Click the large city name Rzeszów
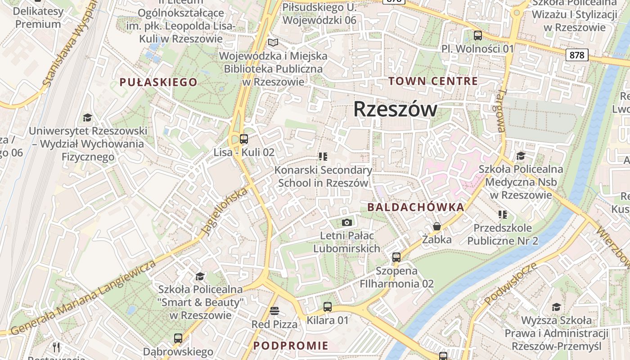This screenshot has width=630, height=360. click(395, 109)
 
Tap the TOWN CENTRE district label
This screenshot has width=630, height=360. click(433, 81)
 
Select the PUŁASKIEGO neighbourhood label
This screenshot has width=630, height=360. click(158, 82)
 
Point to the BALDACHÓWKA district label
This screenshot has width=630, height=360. click(416, 207)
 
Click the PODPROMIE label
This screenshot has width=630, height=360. click(291, 346)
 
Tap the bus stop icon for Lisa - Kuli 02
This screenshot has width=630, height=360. click(244, 139)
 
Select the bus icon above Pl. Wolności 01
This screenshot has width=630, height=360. click(478, 35)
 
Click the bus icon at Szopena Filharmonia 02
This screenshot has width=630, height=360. click(396, 257)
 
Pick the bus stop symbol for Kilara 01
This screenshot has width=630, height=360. click(328, 307)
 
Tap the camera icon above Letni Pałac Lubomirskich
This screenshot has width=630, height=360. click(346, 222)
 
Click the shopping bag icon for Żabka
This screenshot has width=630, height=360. click(436, 226)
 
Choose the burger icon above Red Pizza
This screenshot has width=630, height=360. click(274, 311)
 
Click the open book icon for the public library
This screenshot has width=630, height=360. click(273, 43)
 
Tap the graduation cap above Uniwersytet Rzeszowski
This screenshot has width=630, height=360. click(88, 117)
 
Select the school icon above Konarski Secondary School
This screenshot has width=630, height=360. click(323, 157)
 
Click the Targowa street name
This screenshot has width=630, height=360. click(500, 111)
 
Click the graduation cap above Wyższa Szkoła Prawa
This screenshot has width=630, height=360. click(557, 307)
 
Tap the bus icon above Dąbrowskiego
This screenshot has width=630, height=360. click(178, 338)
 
